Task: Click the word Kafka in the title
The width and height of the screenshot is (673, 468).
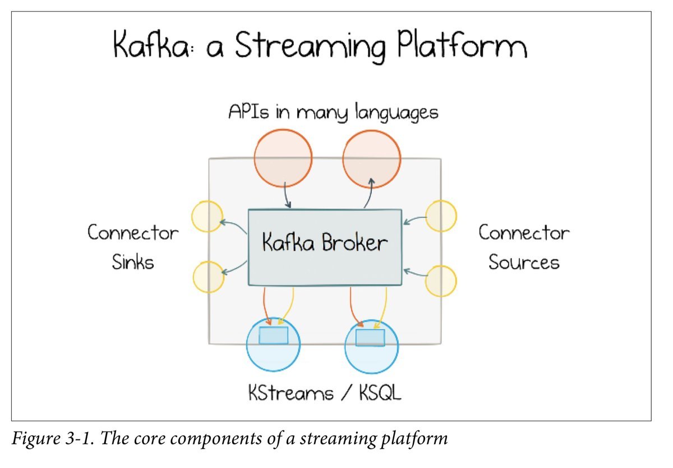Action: point(151,44)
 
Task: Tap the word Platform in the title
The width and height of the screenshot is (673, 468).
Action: point(462,44)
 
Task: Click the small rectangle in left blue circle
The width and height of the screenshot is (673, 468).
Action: point(274,336)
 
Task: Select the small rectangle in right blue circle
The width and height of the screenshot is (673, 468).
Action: point(370,338)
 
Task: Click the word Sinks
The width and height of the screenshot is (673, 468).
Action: point(133,262)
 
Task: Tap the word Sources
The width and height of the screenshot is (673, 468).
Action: point(524,262)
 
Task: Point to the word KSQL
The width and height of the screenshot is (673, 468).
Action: point(380,393)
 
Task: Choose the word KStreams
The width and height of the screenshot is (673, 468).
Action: point(291,393)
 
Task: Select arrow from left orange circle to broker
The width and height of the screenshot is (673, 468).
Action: point(287,195)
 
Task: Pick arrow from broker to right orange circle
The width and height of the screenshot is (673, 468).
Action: point(370,193)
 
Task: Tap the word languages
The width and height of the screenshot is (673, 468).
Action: point(397,113)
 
